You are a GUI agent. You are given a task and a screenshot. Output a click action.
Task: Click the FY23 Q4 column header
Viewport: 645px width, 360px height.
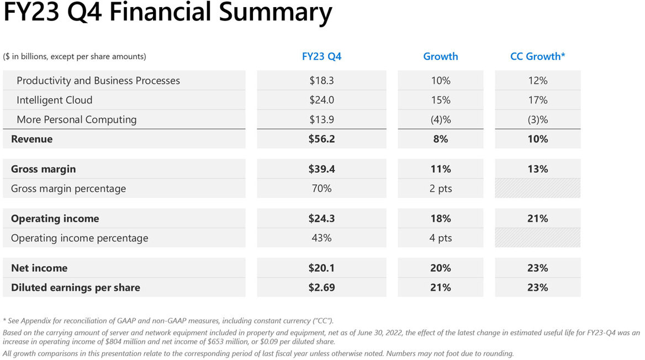pyautogui.click(x=322, y=56)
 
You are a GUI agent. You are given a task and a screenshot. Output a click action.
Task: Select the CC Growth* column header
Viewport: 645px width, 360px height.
pyautogui.click(x=538, y=56)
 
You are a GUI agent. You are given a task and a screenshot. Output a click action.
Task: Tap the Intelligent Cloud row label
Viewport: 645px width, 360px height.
pyautogui.click(x=54, y=100)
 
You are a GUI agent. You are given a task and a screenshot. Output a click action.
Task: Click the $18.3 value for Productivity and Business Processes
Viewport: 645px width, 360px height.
pyautogui.click(x=322, y=81)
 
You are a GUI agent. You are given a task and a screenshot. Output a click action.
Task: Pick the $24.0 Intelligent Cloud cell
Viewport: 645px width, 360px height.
pyautogui.click(x=322, y=100)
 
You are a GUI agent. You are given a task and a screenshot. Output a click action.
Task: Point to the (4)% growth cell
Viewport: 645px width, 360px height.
pyautogui.click(x=441, y=120)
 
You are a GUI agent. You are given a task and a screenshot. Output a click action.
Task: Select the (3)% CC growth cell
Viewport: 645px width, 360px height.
pyautogui.click(x=538, y=120)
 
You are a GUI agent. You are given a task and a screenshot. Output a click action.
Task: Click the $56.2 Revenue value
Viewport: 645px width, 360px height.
pyautogui.click(x=322, y=139)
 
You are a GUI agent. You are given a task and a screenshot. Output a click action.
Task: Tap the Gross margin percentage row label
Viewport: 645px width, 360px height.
pyautogui.click(x=68, y=189)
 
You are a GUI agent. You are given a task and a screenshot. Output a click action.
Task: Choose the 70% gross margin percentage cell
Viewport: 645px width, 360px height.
pyautogui.click(x=322, y=188)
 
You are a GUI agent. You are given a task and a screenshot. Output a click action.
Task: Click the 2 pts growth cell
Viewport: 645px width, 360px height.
pyautogui.click(x=441, y=189)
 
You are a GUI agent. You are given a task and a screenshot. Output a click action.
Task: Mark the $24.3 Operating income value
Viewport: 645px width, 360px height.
pyautogui.click(x=322, y=219)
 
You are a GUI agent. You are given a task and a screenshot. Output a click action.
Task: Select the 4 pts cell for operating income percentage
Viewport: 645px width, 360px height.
pyautogui.click(x=441, y=238)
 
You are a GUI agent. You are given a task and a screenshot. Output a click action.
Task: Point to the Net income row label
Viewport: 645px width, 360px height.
pyautogui.click(x=39, y=268)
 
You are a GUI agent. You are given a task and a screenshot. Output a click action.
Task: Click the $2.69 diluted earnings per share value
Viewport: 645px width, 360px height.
pyautogui.click(x=322, y=288)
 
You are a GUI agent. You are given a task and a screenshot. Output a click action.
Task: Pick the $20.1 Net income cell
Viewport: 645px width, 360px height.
pyautogui.click(x=322, y=268)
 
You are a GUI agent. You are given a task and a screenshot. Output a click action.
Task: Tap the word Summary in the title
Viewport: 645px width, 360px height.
pyautogui.click(x=275, y=12)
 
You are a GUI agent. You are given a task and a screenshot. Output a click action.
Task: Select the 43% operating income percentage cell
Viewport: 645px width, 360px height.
pyautogui.click(x=322, y=238)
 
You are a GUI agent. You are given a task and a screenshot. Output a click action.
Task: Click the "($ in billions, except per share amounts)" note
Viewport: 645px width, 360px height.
pyautogui.click(x=75, y=56)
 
